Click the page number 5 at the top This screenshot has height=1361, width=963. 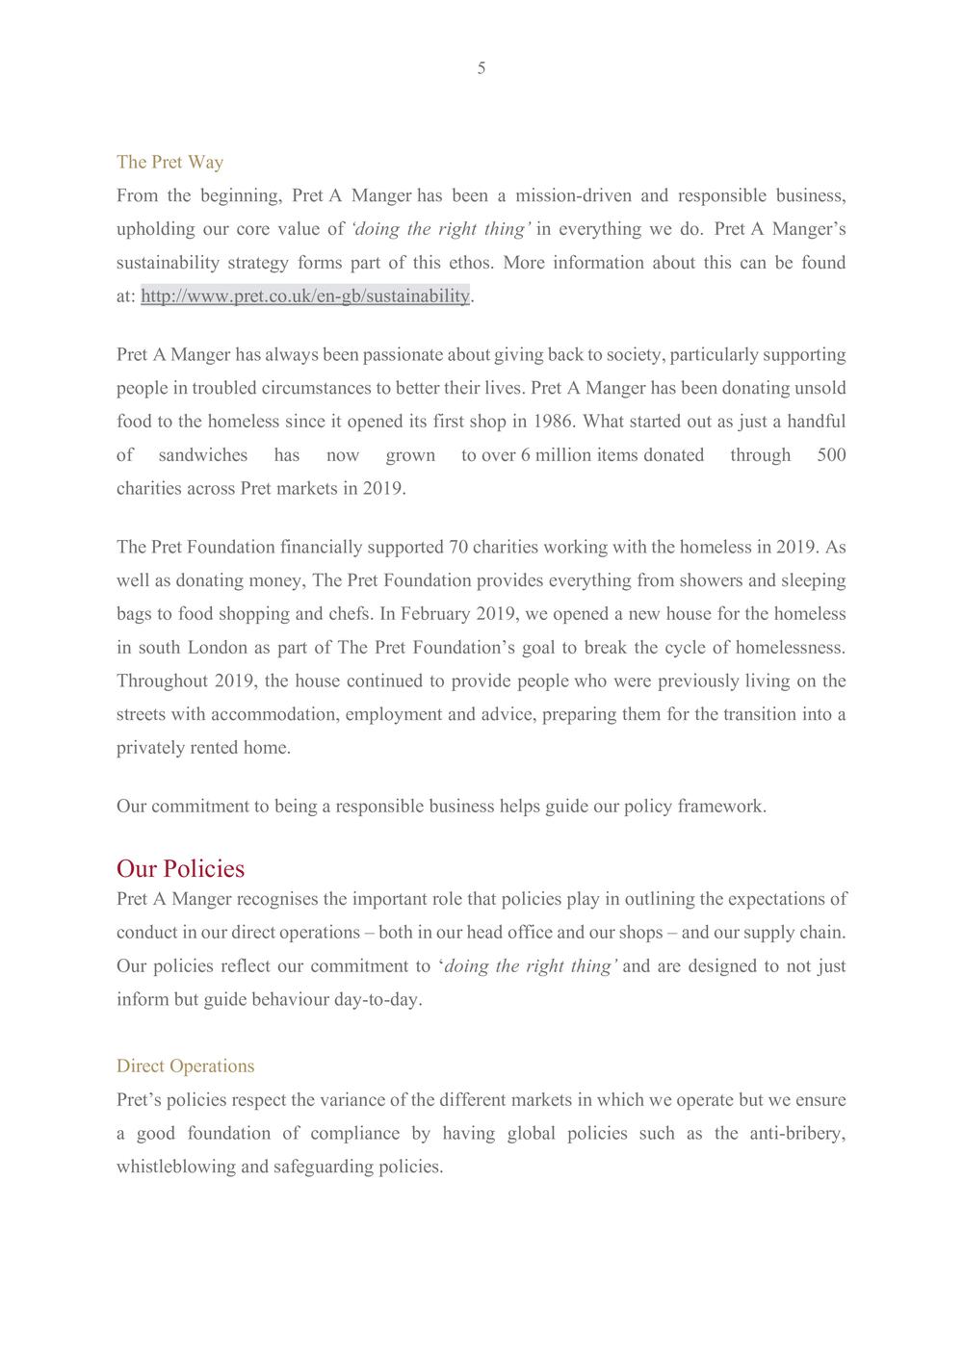click(481, 68)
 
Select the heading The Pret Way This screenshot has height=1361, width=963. click(169, 162)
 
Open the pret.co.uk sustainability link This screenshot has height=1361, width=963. click(305, 296)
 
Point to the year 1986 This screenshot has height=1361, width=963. click(554, 422)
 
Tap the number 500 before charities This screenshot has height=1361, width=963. click(831, 455)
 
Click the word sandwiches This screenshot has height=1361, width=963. click(203, 455)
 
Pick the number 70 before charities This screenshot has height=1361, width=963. click(459, 548)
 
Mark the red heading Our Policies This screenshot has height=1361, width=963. click(181, 868)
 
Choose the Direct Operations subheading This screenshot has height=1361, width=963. click(186, 1066)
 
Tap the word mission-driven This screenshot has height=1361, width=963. click(574, 196)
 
